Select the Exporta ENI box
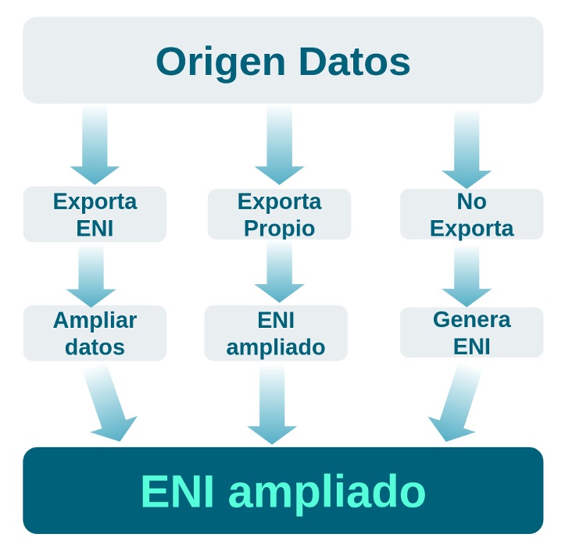click(95, 214)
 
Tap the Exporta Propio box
click(279, 214)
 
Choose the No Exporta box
click(471, 214)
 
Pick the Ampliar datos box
click(95, 333)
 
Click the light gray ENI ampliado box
click(276, 333)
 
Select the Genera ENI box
click(471, 332)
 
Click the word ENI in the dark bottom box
click(177, 491)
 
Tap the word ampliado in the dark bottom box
click(327, 491)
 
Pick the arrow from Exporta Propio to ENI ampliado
click(279, 273)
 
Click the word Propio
click(279, 229)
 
